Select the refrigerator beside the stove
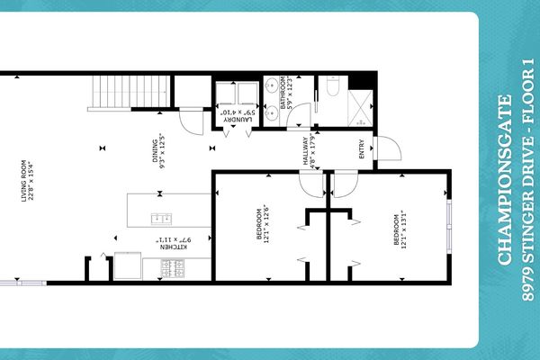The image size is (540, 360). click(129, 267)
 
